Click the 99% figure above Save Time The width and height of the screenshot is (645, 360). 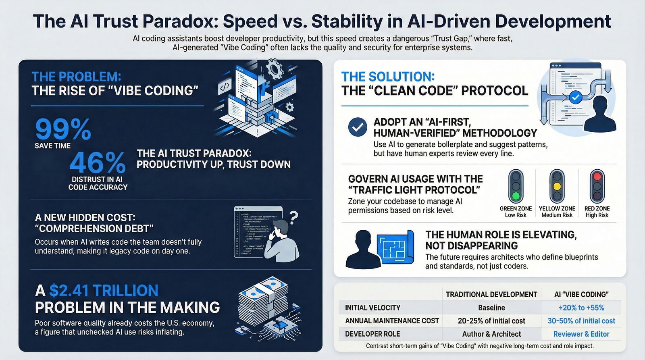pos(63,129)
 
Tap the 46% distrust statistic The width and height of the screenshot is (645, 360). pos(97,163)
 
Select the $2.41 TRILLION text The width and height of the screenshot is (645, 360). pos(104,291)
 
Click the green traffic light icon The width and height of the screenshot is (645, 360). pos(516,186)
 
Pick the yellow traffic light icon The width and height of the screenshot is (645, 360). pos(557,186)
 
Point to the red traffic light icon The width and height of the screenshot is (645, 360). pos(597,186)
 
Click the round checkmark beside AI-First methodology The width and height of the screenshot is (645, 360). pos(358,127)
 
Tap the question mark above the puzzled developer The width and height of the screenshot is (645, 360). pos(294,218)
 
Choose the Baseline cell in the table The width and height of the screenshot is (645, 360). pos(491,308)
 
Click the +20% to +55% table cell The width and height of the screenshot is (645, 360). pos(581,308)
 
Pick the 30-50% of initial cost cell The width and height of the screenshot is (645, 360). pos(581,321)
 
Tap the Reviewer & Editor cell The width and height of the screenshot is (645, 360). pos(581,334)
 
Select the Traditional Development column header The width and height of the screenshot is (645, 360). pos(491,294)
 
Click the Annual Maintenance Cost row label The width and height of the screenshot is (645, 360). pos(392,321)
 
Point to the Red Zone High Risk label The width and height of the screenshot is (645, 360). pos(597,212)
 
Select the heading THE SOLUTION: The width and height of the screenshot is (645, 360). pos(388,77)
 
